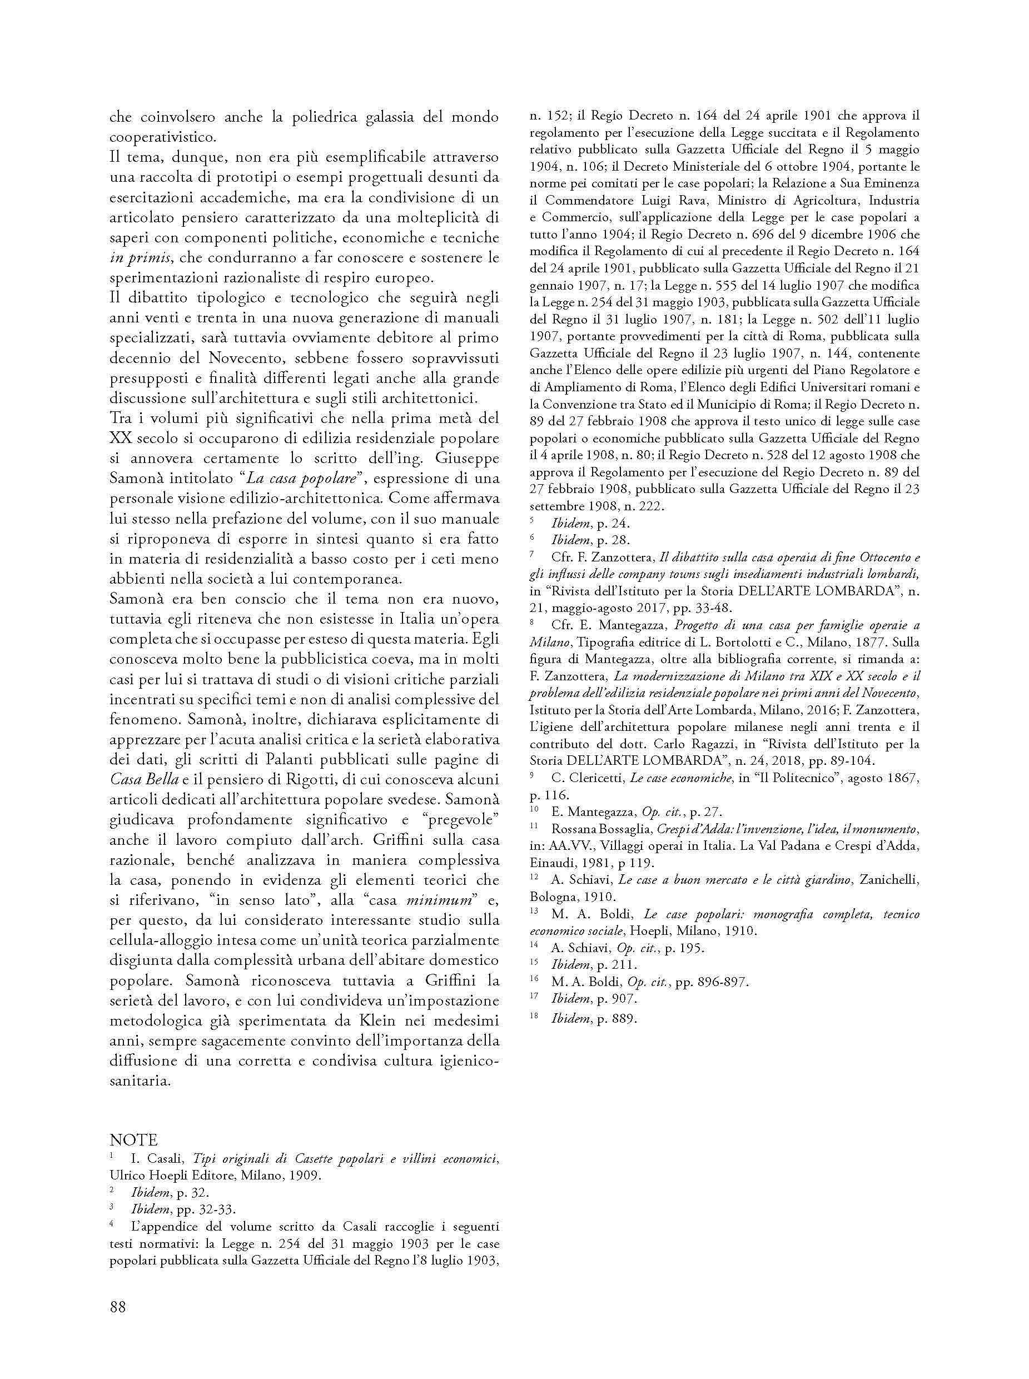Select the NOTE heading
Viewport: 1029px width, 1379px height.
133,1141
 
